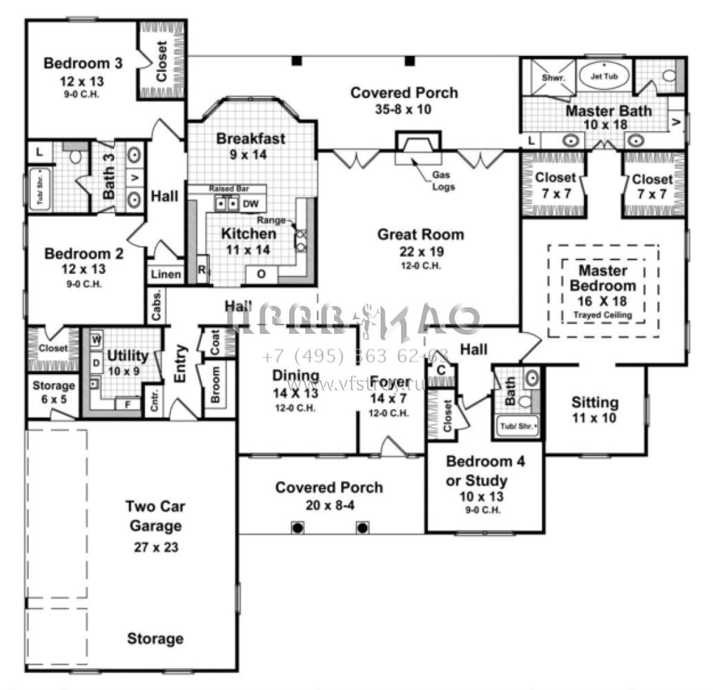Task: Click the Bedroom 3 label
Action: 83,63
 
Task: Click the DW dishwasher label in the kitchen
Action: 251,204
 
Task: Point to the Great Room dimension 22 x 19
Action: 420,252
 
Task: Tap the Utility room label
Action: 128,356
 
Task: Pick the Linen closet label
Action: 166,275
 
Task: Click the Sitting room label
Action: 595,402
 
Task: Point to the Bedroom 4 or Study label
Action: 485,471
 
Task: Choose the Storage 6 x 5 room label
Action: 54,385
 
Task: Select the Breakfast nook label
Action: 251,139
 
